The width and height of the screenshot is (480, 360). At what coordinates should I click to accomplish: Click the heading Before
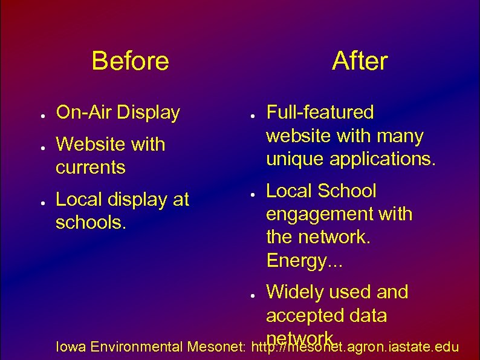[130, 61]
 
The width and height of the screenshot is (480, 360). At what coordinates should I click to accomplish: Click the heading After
[360, 61]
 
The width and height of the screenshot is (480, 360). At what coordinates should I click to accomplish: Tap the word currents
[91, 168]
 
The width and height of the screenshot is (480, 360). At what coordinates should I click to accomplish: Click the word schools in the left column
[89, 223]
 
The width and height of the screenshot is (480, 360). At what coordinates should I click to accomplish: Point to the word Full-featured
[320, 113]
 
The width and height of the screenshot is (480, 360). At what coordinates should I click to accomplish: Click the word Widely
[294, 293]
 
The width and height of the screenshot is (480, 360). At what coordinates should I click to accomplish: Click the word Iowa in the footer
[68, 347]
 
